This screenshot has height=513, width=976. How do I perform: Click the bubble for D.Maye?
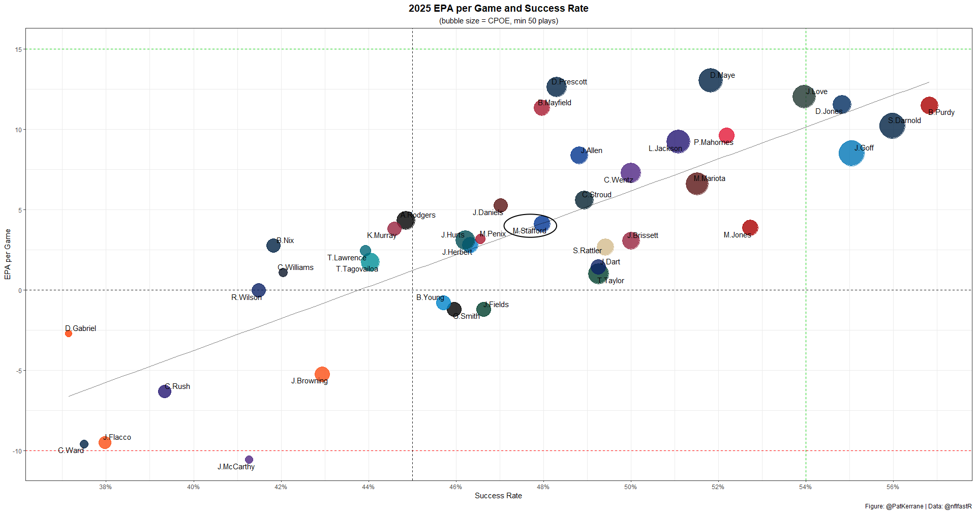coord(710,80)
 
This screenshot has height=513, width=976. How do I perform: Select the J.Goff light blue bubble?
coord(851,153)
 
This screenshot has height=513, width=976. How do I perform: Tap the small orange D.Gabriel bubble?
coord(69,334)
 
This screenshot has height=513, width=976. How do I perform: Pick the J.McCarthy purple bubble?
coord(249,460)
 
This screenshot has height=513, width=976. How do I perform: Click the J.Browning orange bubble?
coord(322,374)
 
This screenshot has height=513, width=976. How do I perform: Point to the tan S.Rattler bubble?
coord(605,247)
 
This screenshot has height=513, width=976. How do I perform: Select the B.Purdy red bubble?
coord(929,105)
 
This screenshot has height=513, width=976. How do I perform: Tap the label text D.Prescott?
coord(569,82)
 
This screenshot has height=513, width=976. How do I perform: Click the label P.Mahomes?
coord(713,142)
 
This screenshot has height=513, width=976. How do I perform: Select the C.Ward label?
coord(71,450)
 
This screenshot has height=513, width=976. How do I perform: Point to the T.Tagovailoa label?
coord(357,269)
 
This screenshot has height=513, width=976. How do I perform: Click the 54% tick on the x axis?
coord(805,487)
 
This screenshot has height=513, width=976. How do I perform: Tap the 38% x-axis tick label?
coord(106,487)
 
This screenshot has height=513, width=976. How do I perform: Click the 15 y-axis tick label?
coord(19,49)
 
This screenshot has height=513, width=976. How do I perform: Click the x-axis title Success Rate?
coord(498,496)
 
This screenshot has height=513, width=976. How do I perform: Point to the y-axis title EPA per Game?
coord(8,254)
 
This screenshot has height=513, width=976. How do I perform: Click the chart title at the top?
coord(498,9)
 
